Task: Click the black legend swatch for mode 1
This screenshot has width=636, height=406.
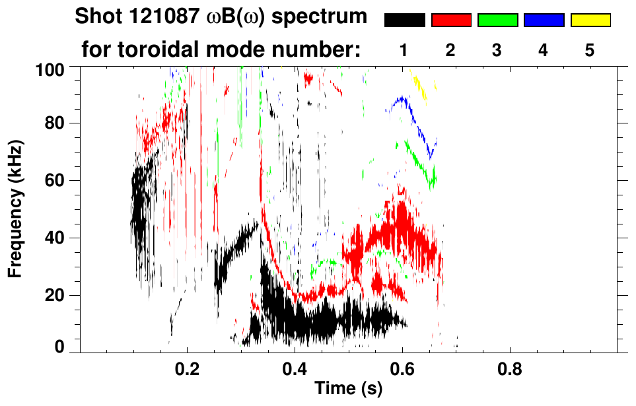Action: point(405,20)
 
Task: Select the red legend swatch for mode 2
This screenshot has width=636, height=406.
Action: point(451,20)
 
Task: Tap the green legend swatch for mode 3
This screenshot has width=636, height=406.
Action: point(497,20)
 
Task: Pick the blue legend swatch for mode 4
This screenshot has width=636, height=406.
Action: point(544,20)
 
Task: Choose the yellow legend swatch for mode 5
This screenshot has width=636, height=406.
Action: point(590,20)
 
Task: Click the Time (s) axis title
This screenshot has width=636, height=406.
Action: point(348,389)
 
